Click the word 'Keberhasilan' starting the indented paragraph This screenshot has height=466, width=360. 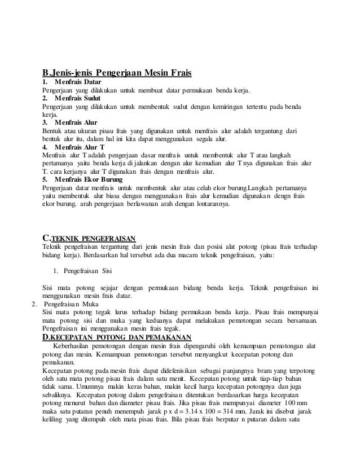coord(74,346)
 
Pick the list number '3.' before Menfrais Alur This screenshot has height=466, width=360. coord(46,122)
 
